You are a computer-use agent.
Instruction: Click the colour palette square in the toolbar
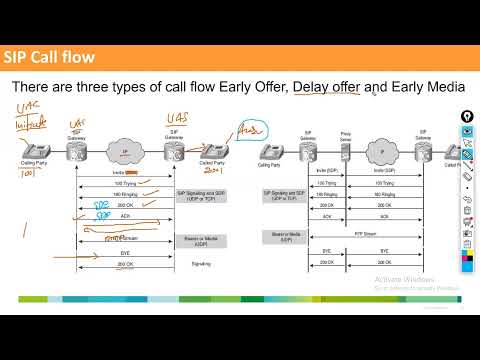[x=468, y=261]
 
